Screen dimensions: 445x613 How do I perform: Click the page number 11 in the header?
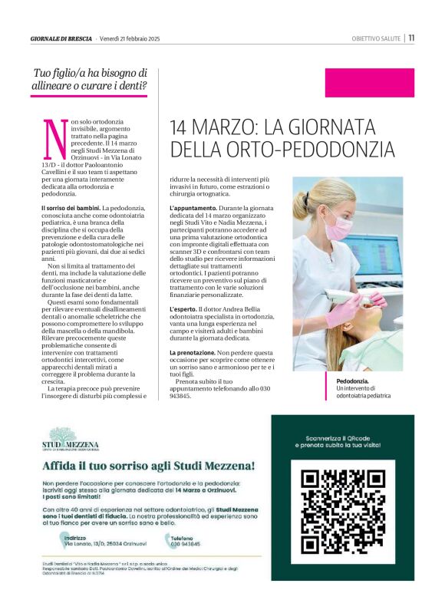click(x=412, y=38)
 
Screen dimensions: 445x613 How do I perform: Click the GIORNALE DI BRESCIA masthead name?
click(x=61, y=38)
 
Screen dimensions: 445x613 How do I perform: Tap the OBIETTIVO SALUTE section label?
click(x=376, y=38)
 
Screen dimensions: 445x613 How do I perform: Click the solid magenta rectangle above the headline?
click(x=369, y=83)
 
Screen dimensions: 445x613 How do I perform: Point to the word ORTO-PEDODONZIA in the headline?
click(x=308, y=148)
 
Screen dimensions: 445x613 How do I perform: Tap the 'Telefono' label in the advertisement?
click(x=183, y=538)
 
